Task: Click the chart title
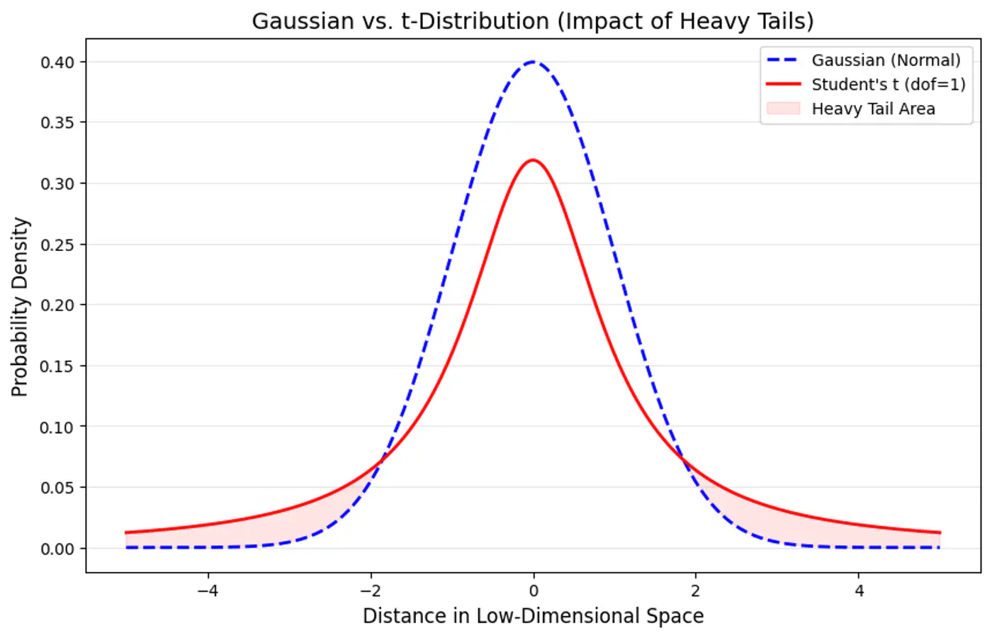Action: (533, 21)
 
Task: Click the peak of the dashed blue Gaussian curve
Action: (533, 62)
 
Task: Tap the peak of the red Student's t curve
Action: (533, 160)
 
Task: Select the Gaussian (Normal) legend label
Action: (886, 60)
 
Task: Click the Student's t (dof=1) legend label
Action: (888, 84)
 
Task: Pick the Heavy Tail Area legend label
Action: (873, 108)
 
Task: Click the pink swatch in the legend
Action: (783, 108)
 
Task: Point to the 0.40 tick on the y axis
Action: (57, 62)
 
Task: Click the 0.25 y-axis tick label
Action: (57, 245)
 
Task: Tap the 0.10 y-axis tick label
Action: (57, 427)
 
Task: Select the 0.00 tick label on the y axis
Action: (57, 549)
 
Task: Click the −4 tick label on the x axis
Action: (208, 591)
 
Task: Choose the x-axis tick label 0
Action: (534, 591)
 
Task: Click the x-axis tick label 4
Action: (859, 591)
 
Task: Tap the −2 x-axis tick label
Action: (371, 591)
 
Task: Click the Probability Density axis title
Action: (20, 306)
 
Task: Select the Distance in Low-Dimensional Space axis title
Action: (533, 616)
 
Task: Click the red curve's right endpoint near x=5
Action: (940, 532)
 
